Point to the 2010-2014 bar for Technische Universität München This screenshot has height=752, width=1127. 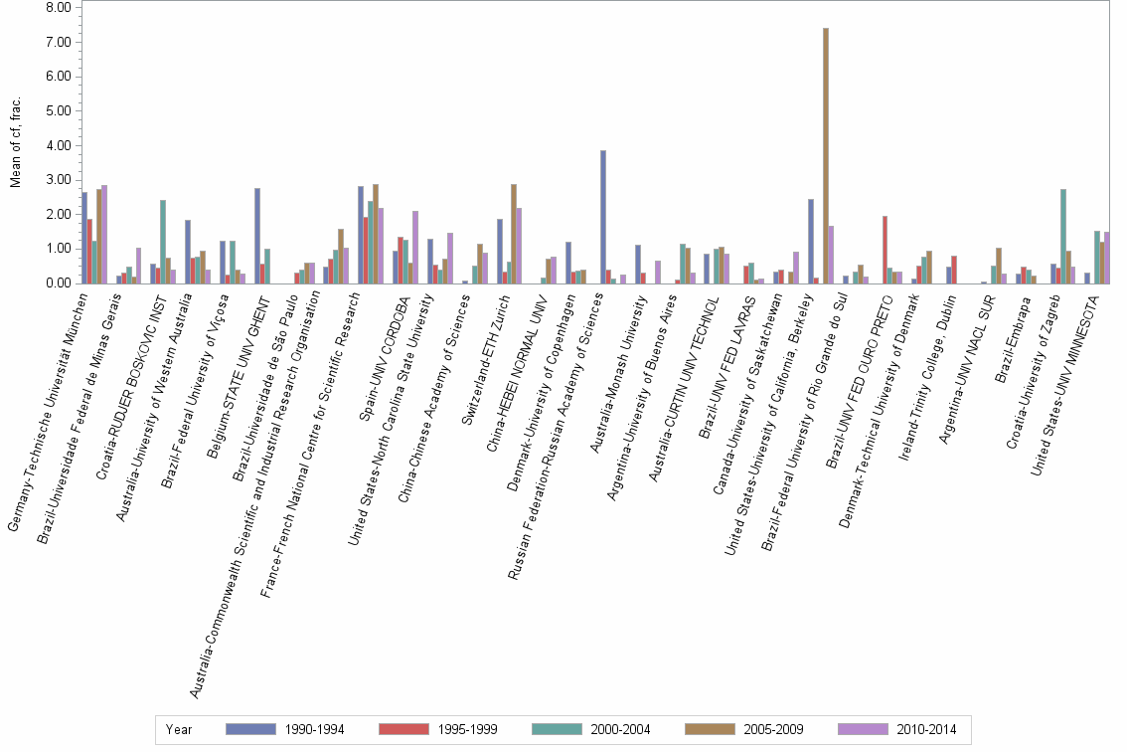104,234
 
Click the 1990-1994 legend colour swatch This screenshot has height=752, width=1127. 250,729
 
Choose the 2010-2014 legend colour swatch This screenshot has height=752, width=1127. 862,729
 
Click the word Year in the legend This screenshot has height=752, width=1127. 180,729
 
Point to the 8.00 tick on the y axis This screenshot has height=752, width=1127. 59,8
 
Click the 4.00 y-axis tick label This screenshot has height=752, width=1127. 59,145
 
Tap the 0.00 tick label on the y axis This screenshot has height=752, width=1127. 59,283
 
